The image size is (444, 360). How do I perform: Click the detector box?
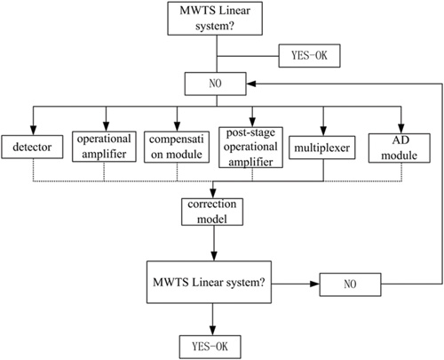(32, 147)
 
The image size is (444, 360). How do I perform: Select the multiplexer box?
(322, 148)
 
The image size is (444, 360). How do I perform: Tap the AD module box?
(400, 148)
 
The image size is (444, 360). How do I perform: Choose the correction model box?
(212, 212)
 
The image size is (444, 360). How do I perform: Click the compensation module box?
(177, 147)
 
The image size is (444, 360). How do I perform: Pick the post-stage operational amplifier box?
(250, 148)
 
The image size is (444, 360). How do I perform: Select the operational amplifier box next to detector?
(104, 147)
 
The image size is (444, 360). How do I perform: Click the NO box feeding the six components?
(216, 84)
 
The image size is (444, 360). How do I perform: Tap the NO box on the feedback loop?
(350, 284)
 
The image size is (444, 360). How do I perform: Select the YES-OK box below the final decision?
(210, 347)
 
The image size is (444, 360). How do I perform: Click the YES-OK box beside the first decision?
(309, 56)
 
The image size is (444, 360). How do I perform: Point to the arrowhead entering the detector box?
(33, 131)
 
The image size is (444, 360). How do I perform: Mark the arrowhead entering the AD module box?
(401, 129)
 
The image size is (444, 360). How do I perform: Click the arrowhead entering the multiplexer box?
(323, 132)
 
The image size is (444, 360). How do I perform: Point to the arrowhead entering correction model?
(213, 193)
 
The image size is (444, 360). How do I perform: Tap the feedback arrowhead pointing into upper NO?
(251, 84)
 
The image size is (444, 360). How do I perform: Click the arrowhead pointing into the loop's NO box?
(314, 284)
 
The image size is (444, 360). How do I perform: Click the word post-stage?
(250, 133)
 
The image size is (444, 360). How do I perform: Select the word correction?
(212, 204)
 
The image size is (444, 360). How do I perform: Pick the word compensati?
(177, 140)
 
